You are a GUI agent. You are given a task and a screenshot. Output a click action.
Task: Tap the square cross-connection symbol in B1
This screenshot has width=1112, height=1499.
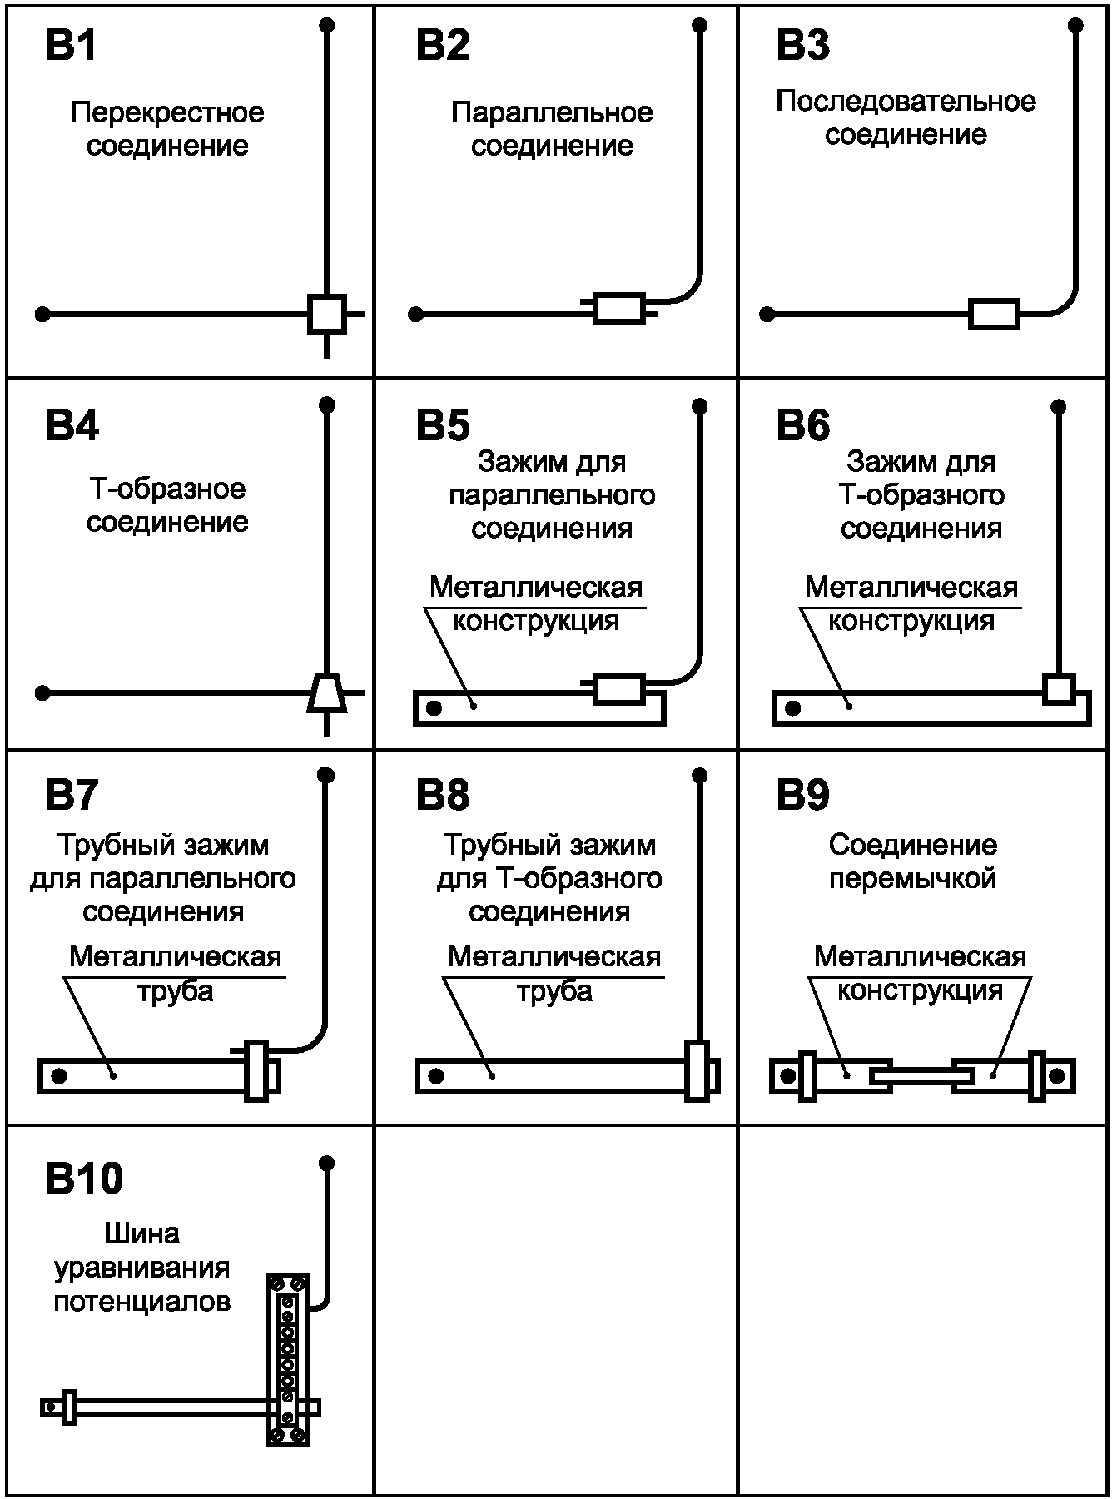pyautogui.click(x=326, y=315)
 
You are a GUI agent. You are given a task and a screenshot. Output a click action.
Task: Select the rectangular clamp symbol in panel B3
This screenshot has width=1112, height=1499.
pyautogui.click(x=994, y=315)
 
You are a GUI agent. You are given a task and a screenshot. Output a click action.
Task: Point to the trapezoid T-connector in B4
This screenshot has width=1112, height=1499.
pyautogui.click(x=326, y=692)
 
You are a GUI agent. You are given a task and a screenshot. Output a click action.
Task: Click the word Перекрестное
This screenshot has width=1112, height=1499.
pyautogui.click(x=167, y=112)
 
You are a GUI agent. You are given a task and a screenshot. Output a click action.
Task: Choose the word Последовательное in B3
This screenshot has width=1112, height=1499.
pyautogui.click(x=906, y=102)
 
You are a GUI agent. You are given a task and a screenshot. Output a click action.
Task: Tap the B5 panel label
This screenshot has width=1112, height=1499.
pyautogui.click(x=443, y=426)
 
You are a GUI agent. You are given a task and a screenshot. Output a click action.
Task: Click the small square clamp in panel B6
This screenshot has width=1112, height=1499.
pyautogui.click(x=1059, y=689)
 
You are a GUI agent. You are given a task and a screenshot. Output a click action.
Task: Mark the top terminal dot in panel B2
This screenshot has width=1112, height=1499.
pyautogui.click(x=700, y=26)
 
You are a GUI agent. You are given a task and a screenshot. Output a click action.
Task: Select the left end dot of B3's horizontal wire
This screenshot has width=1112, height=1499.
pyautogui.click(x=767, y=315)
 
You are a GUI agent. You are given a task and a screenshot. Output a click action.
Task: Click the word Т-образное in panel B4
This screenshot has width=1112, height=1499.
pyautogui.click(x=167, y=489)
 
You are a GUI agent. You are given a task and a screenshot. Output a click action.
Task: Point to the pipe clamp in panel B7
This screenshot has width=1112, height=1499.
pyautogui.click(x=257, y=1071)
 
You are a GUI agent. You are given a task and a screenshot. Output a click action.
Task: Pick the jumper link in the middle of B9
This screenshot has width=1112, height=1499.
pyautogui.click(x=921, y=1076)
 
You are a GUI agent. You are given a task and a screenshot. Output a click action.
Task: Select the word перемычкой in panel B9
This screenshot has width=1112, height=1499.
pyautogui.click(x=913, y=879)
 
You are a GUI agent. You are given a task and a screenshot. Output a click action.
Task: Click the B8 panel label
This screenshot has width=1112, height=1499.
pyautogui.click(x=443, y=796)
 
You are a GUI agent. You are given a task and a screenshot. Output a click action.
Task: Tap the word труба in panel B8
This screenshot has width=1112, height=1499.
pyautogui.click(x=554, y=991)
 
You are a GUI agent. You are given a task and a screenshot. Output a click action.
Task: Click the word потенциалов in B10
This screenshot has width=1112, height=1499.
pyautogui.click(x=142, y=1301)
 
